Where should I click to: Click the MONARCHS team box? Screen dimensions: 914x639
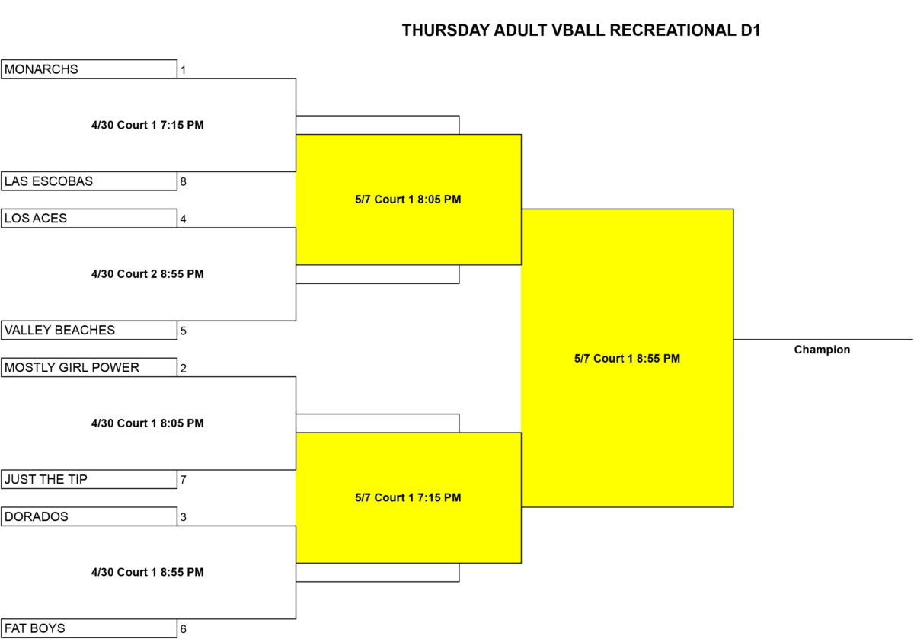89,69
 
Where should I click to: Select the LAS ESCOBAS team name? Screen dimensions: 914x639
49,181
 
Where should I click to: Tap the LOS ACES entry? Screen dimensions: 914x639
89,219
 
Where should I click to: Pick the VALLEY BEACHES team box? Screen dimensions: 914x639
89,330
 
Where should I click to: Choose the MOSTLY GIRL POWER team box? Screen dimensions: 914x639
89,367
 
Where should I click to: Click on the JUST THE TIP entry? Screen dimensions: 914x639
89,479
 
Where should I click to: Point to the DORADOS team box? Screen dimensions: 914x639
89,516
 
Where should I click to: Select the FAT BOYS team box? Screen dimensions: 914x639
89,628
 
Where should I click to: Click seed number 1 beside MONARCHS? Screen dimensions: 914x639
184,70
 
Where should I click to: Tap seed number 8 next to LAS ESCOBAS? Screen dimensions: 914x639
184,181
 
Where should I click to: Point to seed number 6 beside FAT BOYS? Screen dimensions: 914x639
184,629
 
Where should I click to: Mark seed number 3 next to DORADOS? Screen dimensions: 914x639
184,517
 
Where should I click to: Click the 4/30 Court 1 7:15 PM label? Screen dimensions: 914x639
147,125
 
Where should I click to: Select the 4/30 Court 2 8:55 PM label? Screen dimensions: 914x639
147,273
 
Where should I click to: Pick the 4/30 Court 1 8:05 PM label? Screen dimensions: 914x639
147,423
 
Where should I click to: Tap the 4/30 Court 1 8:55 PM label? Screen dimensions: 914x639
147,572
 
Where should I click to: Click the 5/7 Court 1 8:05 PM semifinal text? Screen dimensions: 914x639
408,199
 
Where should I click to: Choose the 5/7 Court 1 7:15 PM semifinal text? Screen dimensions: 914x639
408,497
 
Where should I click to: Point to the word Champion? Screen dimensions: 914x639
822,350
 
